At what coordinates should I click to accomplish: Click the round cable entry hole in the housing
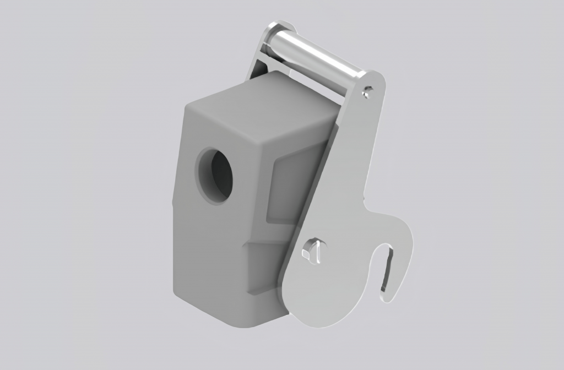click(x=214, y=174)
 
